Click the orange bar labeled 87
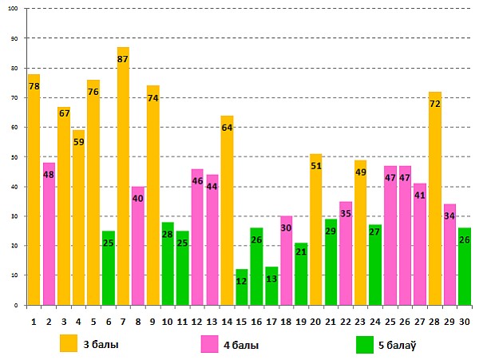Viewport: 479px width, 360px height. point(123,176)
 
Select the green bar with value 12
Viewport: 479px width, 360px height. point(241,287)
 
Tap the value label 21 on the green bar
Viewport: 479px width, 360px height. point(300,251)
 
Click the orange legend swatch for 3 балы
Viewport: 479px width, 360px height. point(69,343)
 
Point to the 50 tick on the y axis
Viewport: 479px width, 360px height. point(15,157)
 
